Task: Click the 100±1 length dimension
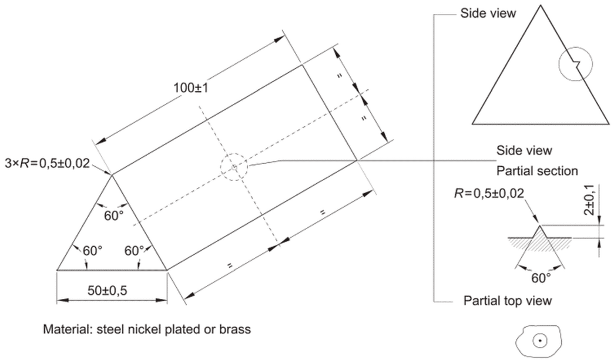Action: (x=191, y=88)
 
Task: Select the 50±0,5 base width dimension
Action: (x=108, y=291)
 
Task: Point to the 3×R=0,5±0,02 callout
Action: (x=47, y=163)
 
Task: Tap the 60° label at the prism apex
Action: (x=113, y=216)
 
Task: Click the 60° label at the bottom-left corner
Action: (x=93, y=251)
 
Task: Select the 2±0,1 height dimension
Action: (x=589, y=200)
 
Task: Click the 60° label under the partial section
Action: (x=541, y=278)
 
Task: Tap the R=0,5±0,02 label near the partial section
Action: (x=489, y=193)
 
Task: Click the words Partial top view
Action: (x=508, y=301)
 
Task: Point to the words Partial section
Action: (x=537, y=171)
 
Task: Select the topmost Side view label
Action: (x=488, y=14)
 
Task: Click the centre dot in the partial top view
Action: (x=540, y=341)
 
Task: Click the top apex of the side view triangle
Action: (x=541, y=5)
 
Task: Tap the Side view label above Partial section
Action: (x=524, y=150)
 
